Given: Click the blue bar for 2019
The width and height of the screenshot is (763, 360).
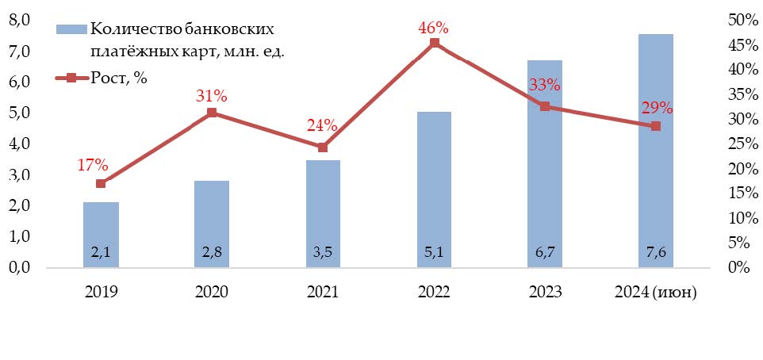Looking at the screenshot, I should tap(101, 235).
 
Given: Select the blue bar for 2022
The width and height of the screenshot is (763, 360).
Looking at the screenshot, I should tap(434, 190).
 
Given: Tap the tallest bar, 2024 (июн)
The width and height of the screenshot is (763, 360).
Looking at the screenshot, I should tap(655, 151).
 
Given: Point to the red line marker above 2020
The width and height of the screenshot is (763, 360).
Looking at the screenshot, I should tap(212, 113).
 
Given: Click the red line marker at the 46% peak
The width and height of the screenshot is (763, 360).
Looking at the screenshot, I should tap(434, 43).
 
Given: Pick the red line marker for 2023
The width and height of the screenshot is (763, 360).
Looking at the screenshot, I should tap(545, 106).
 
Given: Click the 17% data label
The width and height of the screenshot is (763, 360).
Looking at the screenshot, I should tap(92, 165).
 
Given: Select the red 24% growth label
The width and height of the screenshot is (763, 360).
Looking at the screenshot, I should tap(322, 125).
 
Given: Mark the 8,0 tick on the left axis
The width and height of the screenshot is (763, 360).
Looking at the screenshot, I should tap(19, 20).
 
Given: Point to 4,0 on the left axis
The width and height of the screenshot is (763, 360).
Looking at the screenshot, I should tap(19, 144).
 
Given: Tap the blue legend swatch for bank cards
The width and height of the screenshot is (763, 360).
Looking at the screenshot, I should tap(71, 29).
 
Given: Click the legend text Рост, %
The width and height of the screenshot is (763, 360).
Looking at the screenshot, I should tap(119, 78).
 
